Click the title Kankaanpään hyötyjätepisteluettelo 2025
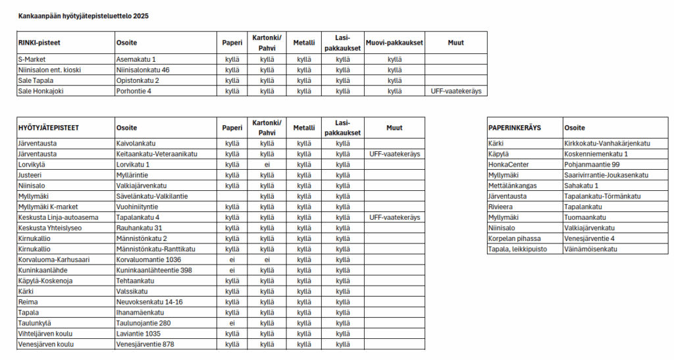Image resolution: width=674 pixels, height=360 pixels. (83, 15)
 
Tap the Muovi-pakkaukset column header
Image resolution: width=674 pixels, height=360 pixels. (394, 43)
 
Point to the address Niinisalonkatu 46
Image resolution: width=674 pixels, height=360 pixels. (143, 70)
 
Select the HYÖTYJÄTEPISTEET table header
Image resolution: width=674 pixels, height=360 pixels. (48, 128)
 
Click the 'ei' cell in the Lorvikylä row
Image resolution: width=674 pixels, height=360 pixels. (267, 165)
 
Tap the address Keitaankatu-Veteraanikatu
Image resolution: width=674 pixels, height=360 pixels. (157, 154)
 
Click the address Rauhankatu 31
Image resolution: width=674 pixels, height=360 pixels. (139, 228)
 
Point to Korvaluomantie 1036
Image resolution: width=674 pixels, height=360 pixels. (149, 259)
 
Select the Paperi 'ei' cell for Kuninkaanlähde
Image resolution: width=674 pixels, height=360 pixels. (232, 270)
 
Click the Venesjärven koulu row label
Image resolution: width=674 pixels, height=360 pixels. (45, 344)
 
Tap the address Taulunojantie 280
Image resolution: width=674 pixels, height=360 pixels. (143, 322)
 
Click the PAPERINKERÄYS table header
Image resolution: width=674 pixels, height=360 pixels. (515, 128)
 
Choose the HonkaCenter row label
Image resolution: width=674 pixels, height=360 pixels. (509, 165)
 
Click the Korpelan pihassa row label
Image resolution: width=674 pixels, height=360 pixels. (515, 238)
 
